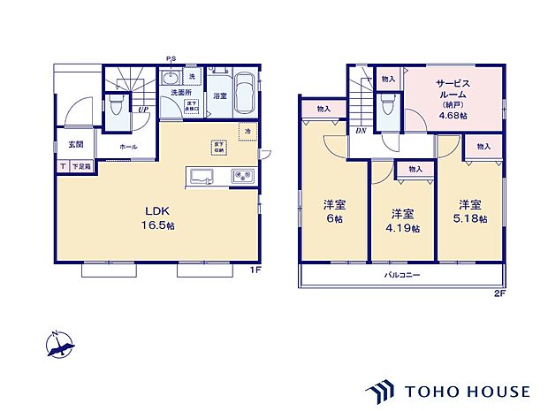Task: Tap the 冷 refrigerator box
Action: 247,131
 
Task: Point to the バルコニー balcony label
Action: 400,276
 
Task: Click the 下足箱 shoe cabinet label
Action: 80,166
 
